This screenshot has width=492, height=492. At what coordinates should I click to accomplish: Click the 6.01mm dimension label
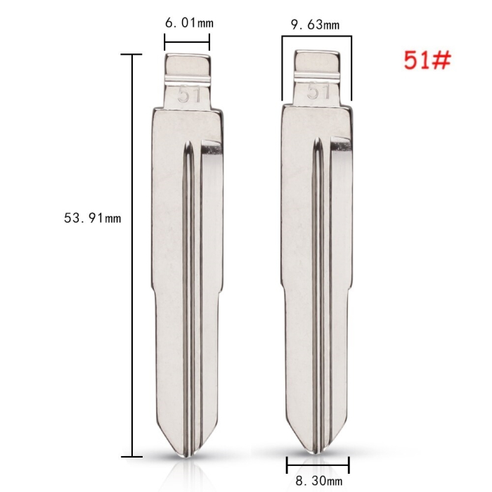click(189, 23)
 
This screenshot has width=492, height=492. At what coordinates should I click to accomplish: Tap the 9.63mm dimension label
click(316, 25)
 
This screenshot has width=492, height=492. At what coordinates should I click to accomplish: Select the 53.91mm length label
click(93, 218)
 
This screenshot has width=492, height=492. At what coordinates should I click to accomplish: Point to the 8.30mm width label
click(319, 480)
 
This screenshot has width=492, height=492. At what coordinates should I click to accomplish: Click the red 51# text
click(427, 60)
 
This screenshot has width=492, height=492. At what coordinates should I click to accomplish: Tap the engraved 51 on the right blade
click(318, 91)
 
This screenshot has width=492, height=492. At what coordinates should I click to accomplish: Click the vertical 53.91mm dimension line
click(132, 255)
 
